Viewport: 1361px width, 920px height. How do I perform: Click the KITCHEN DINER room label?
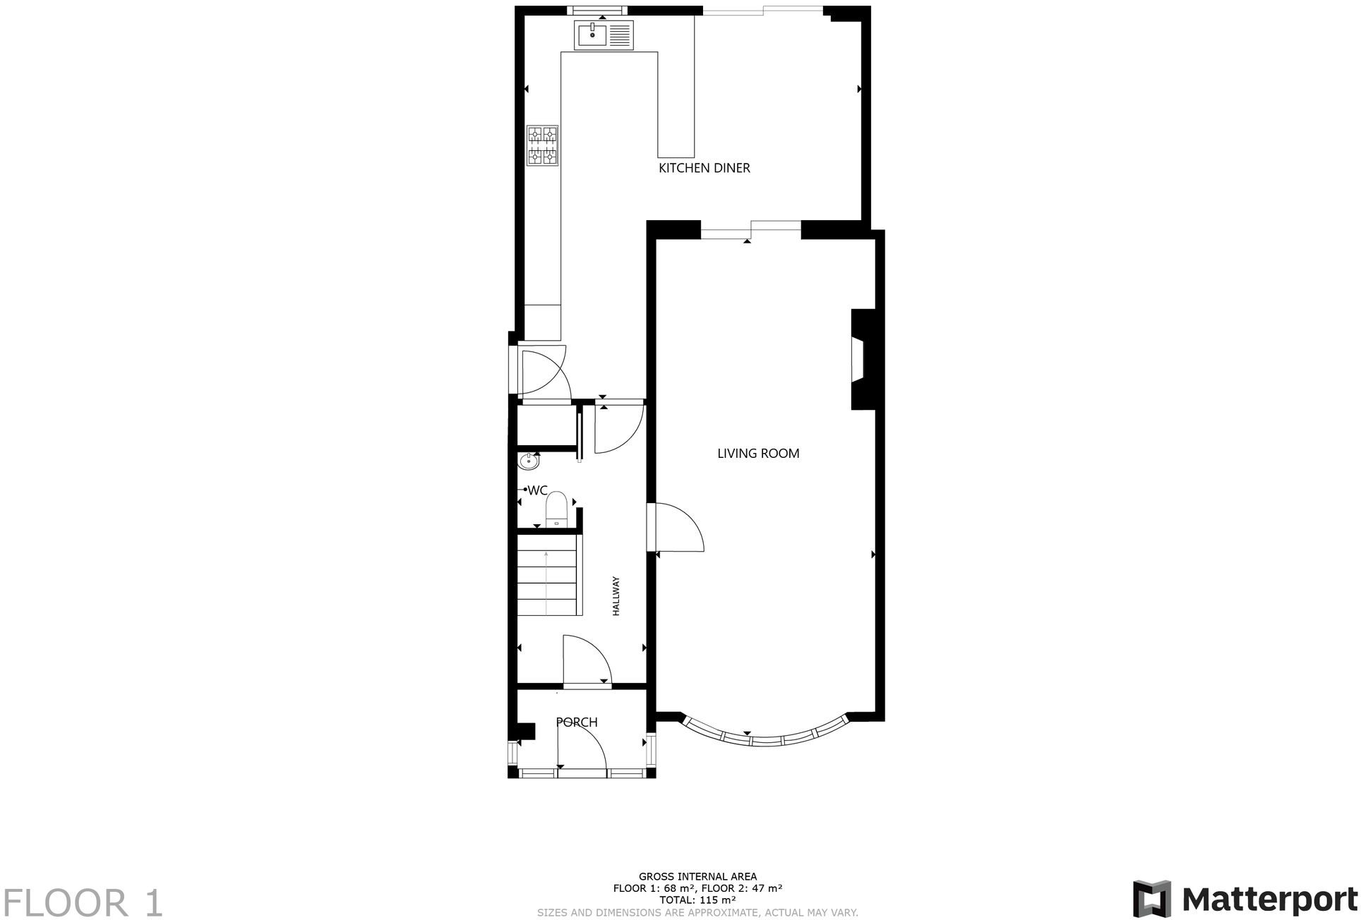coord(704,168)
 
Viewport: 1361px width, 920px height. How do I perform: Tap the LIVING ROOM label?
coord(758,454)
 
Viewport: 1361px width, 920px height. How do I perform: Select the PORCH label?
coord(577,722)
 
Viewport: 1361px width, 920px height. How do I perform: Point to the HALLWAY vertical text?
coord(616,597)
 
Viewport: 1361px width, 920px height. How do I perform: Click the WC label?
coord(537,490)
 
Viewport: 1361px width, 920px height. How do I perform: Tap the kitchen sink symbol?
coord(605,35)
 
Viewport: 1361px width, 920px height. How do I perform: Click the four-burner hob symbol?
coord(542,145)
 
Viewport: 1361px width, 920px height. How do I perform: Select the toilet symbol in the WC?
coord(556,509)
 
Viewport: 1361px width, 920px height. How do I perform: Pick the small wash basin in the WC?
coord(529,461)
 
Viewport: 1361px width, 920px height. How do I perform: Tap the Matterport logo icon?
coord(1151,899)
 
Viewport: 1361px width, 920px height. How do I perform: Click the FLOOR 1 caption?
coord(83,903)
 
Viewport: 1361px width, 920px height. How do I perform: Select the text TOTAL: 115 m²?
coord(697,900)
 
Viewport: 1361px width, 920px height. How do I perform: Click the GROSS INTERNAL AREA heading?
coord(697,877)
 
